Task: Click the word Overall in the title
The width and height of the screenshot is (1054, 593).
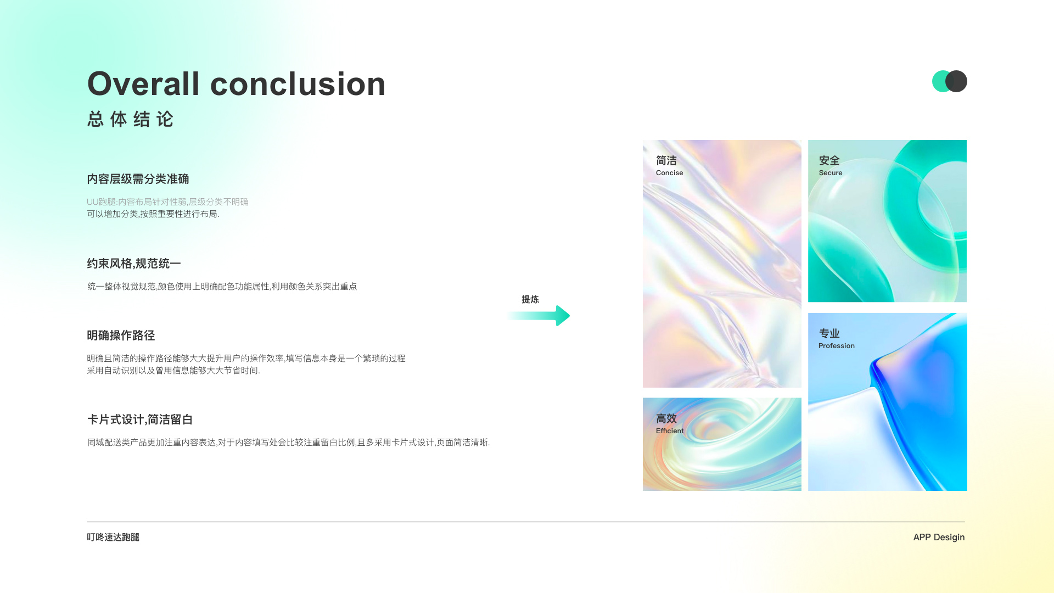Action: coord(143,84)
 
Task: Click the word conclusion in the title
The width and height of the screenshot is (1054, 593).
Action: coord(298,84)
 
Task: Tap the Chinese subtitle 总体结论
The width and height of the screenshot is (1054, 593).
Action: coord(131,119)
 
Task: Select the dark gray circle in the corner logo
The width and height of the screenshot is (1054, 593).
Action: coord(956,81)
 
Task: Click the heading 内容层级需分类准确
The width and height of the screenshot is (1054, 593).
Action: coord(138,179)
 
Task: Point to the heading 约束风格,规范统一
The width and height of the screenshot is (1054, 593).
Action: coord(134,264)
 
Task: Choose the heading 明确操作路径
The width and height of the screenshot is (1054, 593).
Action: coord(121,335)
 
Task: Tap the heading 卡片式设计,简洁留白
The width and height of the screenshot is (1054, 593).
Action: coord(140,419)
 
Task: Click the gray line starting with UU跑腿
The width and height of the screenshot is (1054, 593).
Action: coord(167,202)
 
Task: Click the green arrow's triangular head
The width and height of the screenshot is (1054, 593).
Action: coord(562,316)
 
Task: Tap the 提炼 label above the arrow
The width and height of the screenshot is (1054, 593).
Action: coord(530,299)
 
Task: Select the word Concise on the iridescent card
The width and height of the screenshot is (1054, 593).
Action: coord(670,173)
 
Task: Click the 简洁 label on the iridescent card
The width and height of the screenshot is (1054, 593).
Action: coord(666,160)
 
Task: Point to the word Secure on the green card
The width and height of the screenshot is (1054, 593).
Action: coord(831,173)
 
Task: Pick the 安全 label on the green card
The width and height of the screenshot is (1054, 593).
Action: coord(829,160)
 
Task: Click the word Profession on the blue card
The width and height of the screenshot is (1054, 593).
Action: coord(837,346)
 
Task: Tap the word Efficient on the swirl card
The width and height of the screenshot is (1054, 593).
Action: coord(670,431)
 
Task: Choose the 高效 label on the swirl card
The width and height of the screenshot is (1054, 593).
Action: coord(666,418)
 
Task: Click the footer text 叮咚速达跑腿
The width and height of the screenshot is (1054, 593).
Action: coord(113,537)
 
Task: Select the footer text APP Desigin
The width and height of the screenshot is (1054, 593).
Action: coord(939,537)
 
